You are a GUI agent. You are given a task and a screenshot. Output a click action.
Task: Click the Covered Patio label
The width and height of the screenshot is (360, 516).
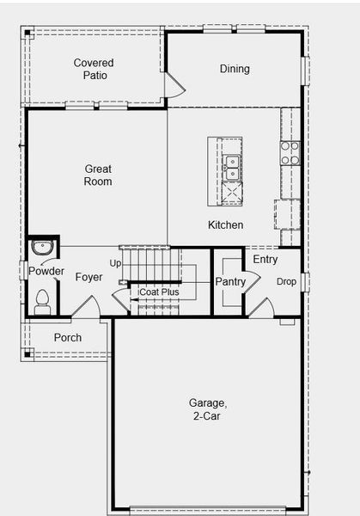pos(94,69)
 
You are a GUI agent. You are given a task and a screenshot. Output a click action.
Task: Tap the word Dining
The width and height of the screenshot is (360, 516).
pos(235,69)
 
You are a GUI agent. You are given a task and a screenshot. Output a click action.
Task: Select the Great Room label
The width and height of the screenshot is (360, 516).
pos(98,175)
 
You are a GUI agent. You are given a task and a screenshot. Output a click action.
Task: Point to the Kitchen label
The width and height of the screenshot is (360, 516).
pos(225,224)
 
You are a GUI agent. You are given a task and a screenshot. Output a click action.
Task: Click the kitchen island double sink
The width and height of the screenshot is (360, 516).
pos(233,168)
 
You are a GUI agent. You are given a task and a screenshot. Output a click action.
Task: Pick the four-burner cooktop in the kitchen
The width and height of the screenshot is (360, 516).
pos(290,153)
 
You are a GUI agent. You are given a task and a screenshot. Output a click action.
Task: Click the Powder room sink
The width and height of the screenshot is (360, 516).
pos(42,248)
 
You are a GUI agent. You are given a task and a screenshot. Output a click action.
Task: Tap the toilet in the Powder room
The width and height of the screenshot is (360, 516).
pos(42,302)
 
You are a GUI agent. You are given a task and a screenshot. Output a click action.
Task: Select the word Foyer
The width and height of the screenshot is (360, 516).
pos(88,277)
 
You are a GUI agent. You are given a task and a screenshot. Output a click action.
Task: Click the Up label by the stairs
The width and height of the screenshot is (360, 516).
pos(115,264)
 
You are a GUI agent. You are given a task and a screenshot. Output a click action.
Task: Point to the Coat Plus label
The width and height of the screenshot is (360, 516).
pos(159,292)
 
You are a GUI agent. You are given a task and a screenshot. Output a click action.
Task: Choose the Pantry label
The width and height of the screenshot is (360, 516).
pos(230,282)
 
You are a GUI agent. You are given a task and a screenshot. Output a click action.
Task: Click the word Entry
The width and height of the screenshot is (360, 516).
pos(265,260)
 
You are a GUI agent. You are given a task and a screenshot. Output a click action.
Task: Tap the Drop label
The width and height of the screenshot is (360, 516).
pos(286,282)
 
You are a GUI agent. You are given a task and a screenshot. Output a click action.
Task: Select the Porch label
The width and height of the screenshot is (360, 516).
pos(68,338)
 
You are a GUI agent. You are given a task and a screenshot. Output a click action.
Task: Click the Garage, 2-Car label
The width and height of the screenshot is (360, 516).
pos(207,409)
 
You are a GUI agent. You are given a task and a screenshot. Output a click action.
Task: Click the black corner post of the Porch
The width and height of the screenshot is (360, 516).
pos(27,354)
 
